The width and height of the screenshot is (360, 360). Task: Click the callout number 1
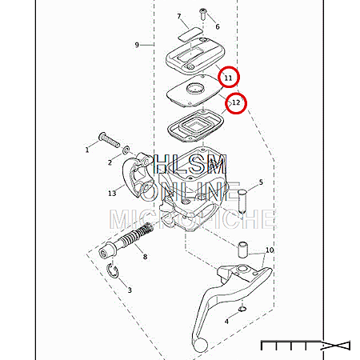87,150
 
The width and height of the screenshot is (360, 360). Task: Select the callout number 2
110,162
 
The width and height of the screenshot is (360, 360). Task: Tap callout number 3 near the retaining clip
130,290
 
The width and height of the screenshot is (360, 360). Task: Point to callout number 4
226,322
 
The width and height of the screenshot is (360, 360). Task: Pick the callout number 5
261,182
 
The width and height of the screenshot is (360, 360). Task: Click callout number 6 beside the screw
218,26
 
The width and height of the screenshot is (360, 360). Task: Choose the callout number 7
179,16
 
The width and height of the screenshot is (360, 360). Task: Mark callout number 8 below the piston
145,257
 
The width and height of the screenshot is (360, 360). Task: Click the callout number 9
137,45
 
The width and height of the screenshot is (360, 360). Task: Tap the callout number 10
270,250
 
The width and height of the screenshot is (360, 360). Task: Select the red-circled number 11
228,78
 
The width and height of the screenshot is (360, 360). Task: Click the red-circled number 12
236,102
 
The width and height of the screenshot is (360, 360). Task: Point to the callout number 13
112,193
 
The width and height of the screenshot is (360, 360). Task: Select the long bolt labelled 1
110,140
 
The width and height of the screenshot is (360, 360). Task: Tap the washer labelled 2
126,150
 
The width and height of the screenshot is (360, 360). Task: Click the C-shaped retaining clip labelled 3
112,271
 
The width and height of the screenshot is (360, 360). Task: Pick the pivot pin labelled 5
242,201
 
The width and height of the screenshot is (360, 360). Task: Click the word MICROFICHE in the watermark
192,219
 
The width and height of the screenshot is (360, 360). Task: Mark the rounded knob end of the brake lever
201,345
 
